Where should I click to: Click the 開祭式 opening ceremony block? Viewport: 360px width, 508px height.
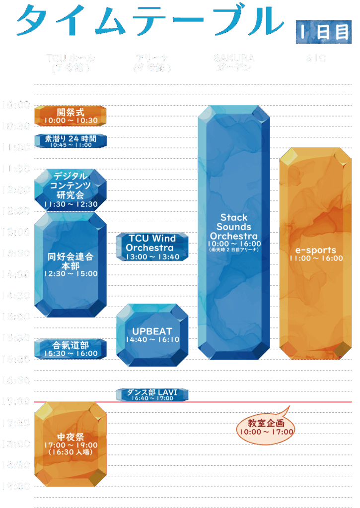coord(70,116)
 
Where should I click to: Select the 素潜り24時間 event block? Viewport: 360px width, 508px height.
coord(70,141)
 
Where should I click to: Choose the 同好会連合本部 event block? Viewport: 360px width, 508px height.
coord(70,264)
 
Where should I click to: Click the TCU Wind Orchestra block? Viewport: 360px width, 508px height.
coord(152,247)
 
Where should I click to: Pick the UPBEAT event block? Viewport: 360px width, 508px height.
coord(152,335)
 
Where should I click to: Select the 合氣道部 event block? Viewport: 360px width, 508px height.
coord(70,349)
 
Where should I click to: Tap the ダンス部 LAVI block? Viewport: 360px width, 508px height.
coord(152,394)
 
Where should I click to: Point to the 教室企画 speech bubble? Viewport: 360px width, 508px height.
coord(266,427)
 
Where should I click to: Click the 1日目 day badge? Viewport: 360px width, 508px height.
coord(323,32)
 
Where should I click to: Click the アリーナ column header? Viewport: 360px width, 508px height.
coord(152,63)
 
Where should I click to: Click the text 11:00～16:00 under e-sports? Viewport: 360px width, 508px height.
coord(316,258)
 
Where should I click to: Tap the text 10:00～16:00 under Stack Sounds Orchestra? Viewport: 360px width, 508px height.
coord(234,244)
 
